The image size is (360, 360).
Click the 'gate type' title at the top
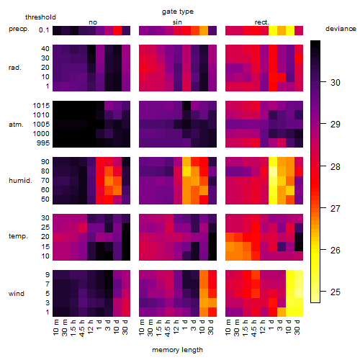pyautogui.click(x=178, y=12)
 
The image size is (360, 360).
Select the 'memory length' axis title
pyautogui.click(x=177, y=350)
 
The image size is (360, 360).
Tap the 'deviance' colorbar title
pyautogui.click(x=341, y=29)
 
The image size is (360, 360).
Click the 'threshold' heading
pyautogui.click(x=40, y=17)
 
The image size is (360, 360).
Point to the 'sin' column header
pyautogui.click(x=177, y=22)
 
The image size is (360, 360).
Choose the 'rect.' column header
pyautogui.click(x=261, y=22)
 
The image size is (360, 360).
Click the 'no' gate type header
pyautogui.click(x=93, y=22)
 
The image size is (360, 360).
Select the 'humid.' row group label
pyautogui.click(x=20, y=181)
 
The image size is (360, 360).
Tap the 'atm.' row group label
pyautogui.click(x=16, y=125)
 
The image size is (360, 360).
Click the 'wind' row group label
pyautogui.click(x=17, y=294)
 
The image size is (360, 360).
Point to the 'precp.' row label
pyautogui.click(x=19, y=29)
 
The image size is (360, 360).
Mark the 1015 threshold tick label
pyautogui.click(x=41, y=106)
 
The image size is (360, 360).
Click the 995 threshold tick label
pyautogui.click(x=43, y=143)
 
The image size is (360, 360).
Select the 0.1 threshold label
pyautogui.click(x=44, y=30)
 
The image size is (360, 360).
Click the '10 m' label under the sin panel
pyautogui.click(x=142, y=328)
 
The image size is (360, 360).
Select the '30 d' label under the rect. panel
pyautogui.click(x=297, y=328)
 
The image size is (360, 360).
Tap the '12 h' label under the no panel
pyautogui.click(x=90, y=327)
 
